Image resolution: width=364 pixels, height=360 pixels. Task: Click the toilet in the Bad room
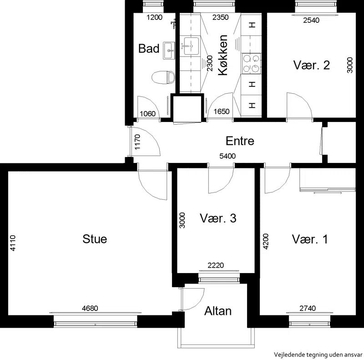[x=163, y=77]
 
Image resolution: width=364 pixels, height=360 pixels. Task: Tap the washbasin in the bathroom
[x=169, y=51]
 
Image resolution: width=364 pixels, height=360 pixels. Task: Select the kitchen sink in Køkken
[x=191, y=46]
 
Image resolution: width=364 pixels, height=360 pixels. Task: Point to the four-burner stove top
[x=251, y=64]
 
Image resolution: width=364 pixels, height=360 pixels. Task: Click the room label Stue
[x=95, y=239]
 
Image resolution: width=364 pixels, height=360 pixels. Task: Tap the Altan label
[x=218, y=311]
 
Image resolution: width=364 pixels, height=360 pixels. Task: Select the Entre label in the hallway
[x=240, y=141]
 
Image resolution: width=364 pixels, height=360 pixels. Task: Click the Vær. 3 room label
[x=218, y=218]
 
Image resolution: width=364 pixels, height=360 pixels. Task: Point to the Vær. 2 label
[x=311, y=65]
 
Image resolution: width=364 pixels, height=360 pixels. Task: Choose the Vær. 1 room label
[x=310, y=239]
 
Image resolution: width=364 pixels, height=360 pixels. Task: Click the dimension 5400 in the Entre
[x=227, y=156]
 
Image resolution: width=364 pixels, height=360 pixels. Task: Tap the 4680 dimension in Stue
[x=90, y=308]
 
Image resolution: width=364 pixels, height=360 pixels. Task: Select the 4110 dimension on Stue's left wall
[x=13, y=243]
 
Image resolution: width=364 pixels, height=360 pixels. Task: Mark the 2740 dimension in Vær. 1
[x=308, y=308]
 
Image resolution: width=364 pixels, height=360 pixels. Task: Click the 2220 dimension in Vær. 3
[x=216, y=265]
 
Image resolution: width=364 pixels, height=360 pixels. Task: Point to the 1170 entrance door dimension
[x=137, y=142]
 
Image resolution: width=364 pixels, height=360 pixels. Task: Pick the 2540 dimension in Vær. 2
[x=311, y=20]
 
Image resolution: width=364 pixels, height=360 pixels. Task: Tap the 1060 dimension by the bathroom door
[x=147, y=114]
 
